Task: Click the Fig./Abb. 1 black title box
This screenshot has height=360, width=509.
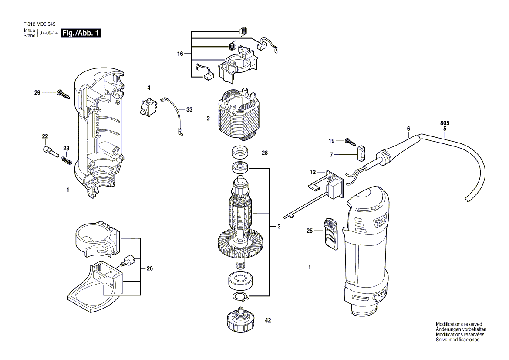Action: pyautogui.click(x=81, y=34)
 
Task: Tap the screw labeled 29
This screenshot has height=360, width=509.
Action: pyautogui.click(x=64, y=94)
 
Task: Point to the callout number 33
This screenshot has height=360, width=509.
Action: pyautogui.click(x=189, y=110)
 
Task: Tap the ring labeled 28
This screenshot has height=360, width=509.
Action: pyautogui.click(x=239, y=153)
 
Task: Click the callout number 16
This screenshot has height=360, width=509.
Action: pyautogui.click(x=180, y=54)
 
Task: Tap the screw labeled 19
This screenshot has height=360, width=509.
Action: pyautogui.click(x=350, y=141)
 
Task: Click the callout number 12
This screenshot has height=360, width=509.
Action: pyautogui.click(x=312, y=173)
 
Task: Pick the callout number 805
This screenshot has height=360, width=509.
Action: pyautogui.click(x=445, y=123)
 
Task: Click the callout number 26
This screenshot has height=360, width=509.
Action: pyautogui.click(x=149, y=269)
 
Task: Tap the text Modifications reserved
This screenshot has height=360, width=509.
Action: pyautogui.click(x=458, y=324)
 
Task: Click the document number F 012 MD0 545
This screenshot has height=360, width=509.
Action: pyautogui.click(x=38, y=25)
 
